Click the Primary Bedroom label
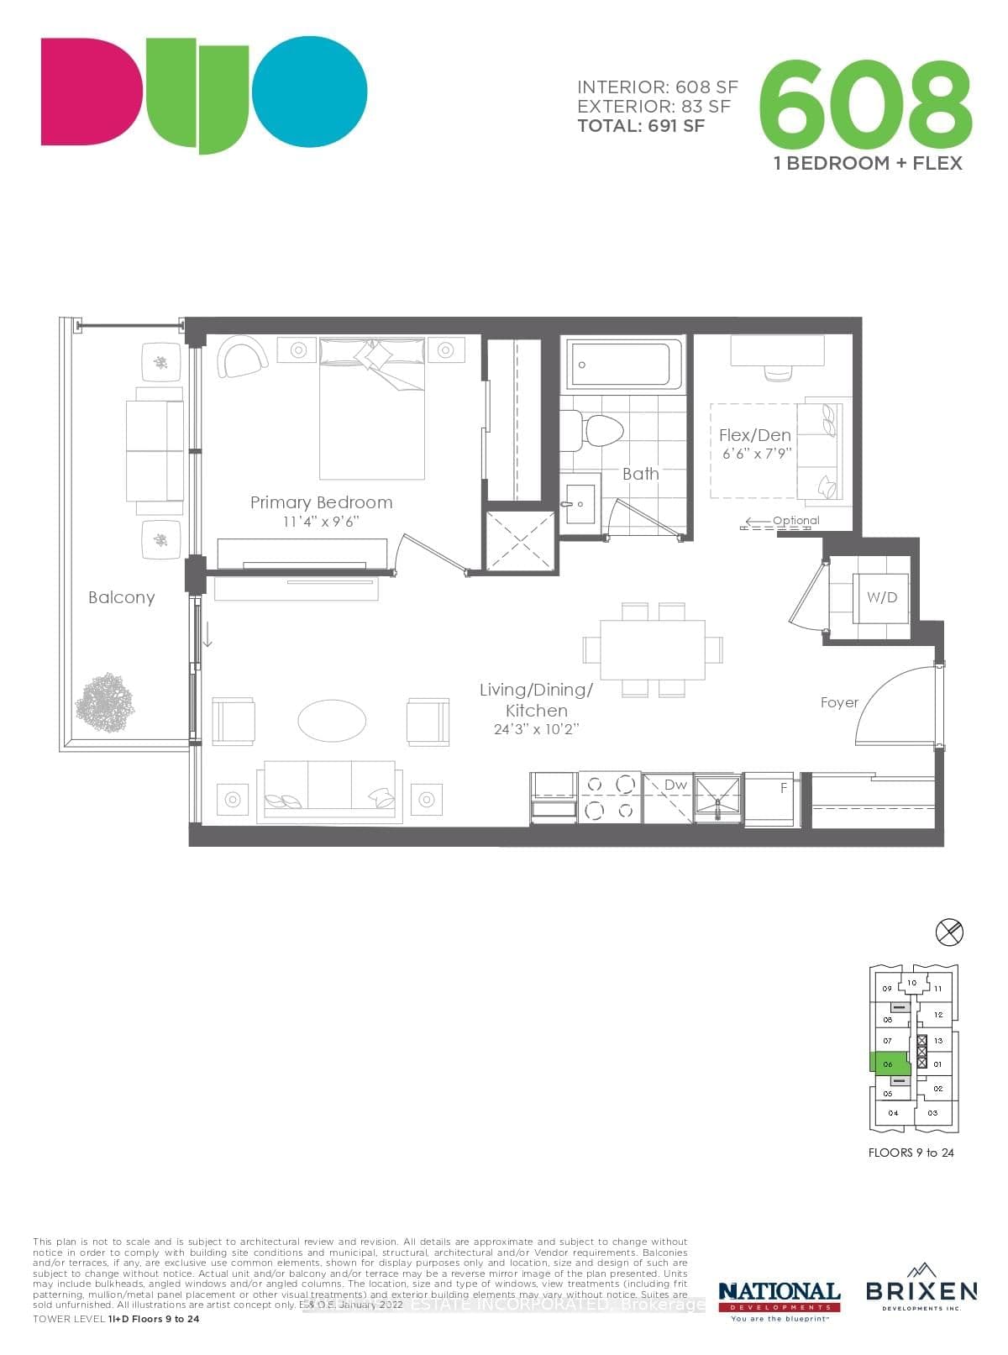click(321, 502)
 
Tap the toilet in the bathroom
click(603, 429)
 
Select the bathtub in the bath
click(624, 365)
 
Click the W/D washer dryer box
click(881, 598)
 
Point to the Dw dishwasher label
click(675, 785)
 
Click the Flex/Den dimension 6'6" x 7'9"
click(756, 454)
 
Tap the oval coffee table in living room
click(332, 721)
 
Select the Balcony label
click(122, 597)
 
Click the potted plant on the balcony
click(105, 702)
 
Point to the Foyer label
click(839, 702)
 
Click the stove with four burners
click(610, 797)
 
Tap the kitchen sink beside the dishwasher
click(718, 797)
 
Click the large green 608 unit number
click(865, 102)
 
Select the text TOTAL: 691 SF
click(641, 126)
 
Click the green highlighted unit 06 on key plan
click(888, 1064)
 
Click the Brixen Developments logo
click(921, 1293)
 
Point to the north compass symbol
click(949, 931)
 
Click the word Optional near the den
click(795, 520)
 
